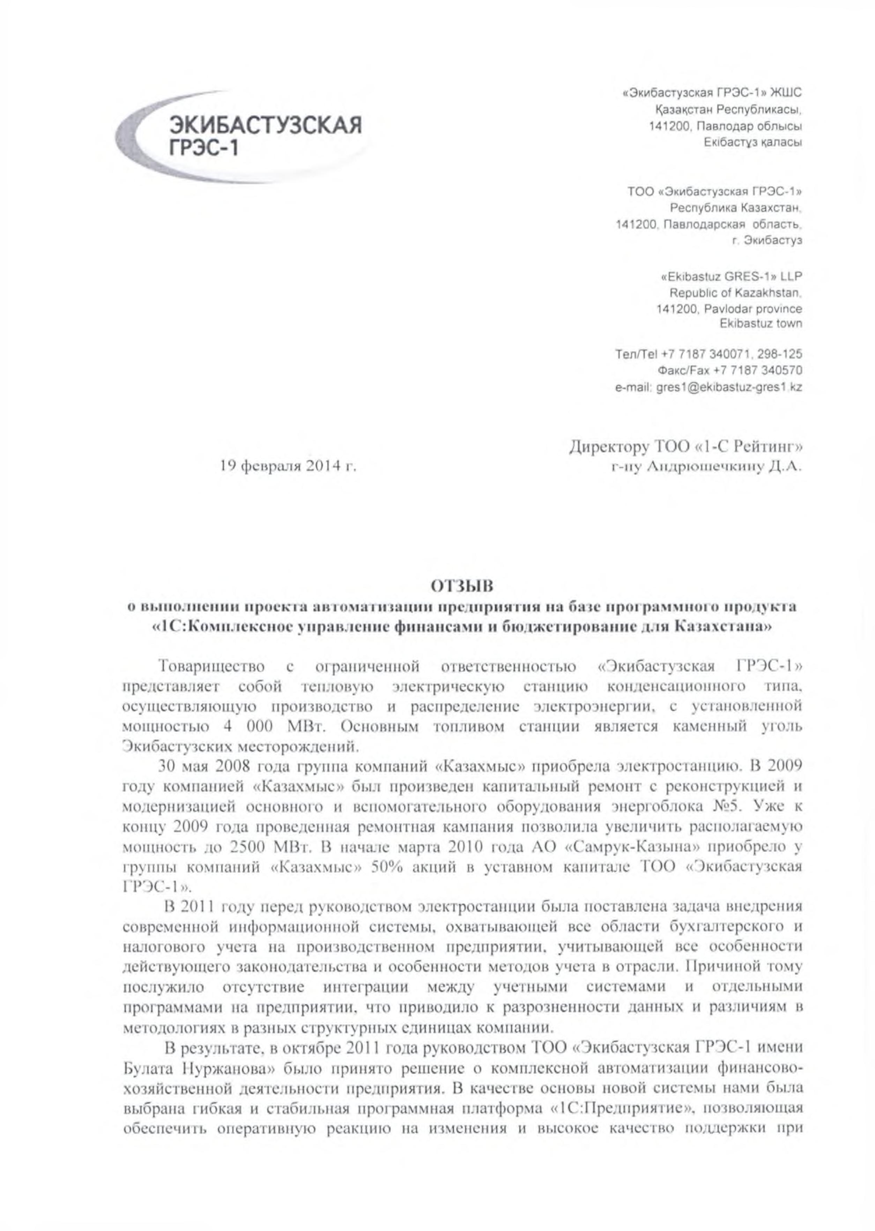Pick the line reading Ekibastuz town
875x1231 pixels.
[x=760, y=324]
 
